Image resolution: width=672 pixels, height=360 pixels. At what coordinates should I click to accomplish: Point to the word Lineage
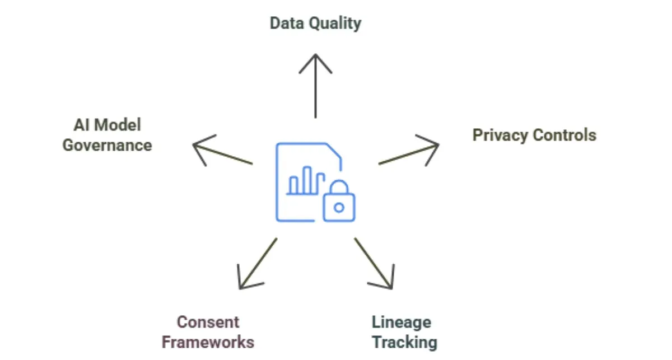pos(402,322)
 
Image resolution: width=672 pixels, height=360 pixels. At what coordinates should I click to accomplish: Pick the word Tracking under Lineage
pos(404,342)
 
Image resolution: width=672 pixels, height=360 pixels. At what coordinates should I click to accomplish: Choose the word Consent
pos(208,322)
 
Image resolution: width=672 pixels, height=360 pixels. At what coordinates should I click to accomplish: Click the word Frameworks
pos(208,342)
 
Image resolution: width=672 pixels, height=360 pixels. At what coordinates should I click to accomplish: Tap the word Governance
pos(107,145)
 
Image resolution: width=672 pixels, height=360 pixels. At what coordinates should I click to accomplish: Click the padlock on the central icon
pos(339,203)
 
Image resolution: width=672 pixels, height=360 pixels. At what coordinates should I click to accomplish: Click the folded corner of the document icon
pos(335,152)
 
